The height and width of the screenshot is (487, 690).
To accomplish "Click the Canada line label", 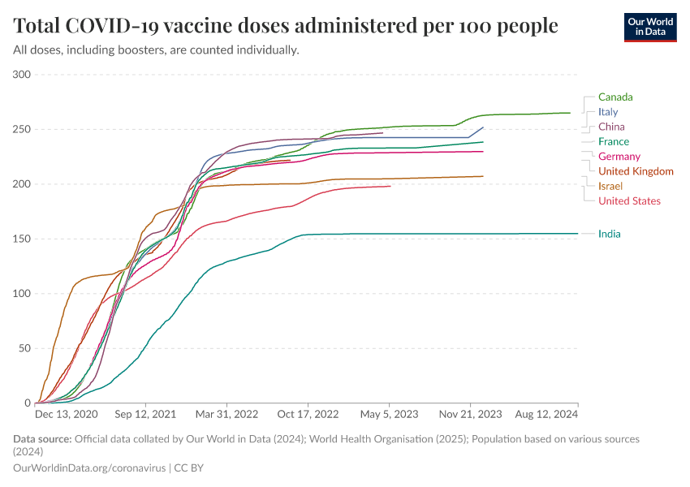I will (x=615, y=97).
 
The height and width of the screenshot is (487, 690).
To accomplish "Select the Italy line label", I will (x=607, y=112).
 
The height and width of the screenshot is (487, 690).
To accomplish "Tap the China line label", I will (x=611, y=127).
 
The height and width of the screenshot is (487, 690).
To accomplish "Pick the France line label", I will (x=613, y=142).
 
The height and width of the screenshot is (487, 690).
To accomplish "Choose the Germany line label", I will (x=619, y=157).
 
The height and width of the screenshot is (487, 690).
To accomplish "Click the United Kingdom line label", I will (x=636, y=171).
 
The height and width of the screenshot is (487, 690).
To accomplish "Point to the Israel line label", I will (x=610, y=186).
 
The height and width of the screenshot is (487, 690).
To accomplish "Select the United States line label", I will (x=629, y=200).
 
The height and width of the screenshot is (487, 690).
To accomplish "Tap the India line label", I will (x=609, y=234).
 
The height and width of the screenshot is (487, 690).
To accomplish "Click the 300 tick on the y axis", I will (x=22, y=75).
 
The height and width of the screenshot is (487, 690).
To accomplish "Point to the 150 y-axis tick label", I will (x=22, y=239).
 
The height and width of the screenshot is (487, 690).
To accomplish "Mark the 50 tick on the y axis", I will (x=24, y=348).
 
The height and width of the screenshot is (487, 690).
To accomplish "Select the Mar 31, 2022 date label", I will (x=226, y=414).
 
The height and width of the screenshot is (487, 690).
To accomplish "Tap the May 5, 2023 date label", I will (x=390, y=414).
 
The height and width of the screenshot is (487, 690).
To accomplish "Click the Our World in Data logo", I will (x=650, y=27).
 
